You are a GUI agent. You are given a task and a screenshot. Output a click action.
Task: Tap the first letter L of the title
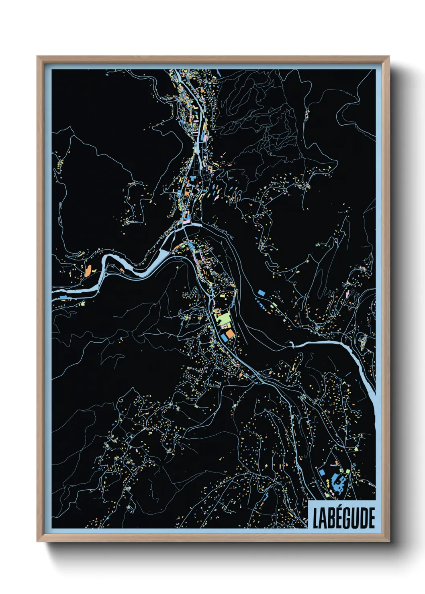pyautogui.click(x=316, y=518)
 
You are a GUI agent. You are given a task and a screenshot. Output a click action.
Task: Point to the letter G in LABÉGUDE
pyautogui.click(x=345, y=518)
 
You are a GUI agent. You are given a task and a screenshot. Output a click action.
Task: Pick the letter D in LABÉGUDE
pyautogui.click(x=363, y=518)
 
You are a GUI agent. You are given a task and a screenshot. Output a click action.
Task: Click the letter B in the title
pyautogui.click(x=327, y=518)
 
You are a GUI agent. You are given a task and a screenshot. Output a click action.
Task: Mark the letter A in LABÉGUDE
pyautogui.click(x=321, y=518)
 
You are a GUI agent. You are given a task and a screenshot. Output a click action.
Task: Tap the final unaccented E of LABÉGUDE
pyautogui.click(x=371, y=518)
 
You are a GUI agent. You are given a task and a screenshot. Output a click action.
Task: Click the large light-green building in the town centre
pyautogui.click(x=223, y=319)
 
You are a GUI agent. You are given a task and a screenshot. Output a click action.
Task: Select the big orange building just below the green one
pyautogui.click(x=229, y=334)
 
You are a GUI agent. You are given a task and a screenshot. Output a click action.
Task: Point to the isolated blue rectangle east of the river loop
pyautogui.click(x=262, y=293)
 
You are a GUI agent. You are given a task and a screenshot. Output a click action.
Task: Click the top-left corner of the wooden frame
pyautogui.click(x=37, y=57)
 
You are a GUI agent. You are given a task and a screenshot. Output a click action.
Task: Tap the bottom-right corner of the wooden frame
pyautogui.click(x=389, y=541)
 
